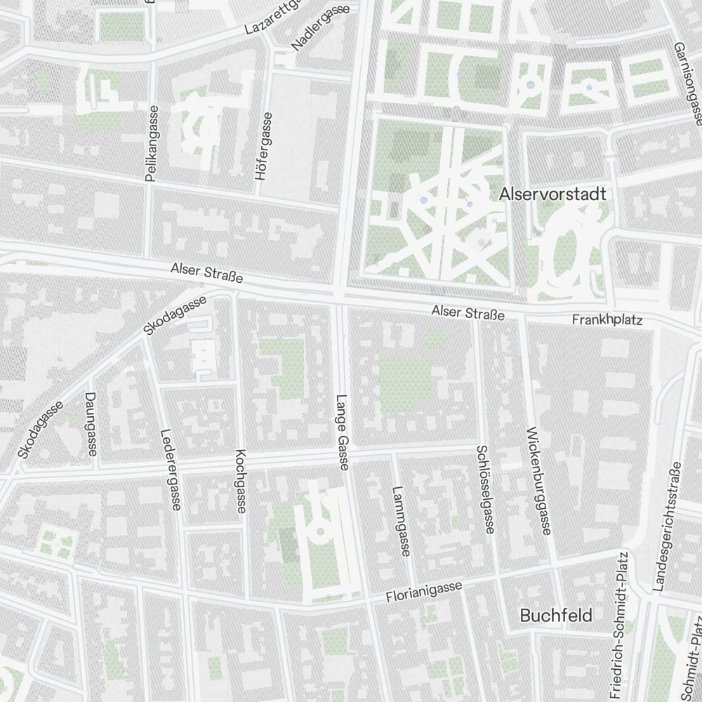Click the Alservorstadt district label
(552, 194)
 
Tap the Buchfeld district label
(556, 616)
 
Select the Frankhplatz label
(607, 319)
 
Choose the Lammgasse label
(400, 522)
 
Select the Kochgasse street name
(241, 481)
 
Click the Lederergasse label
(171, 469)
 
